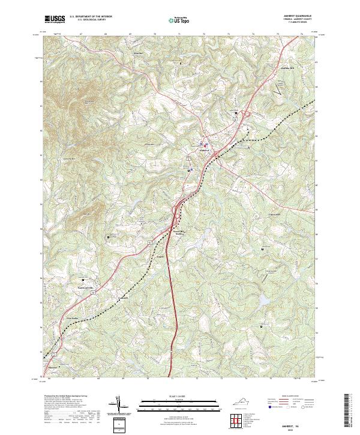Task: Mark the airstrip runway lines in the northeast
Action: point(279,88)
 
